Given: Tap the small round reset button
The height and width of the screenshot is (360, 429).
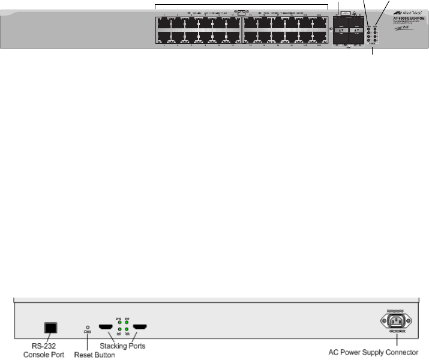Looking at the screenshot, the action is pos(88,328).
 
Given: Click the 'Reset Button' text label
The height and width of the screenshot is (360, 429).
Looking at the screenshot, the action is pos(94,355).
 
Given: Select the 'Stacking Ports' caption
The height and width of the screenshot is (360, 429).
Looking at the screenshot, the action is pos(123,346).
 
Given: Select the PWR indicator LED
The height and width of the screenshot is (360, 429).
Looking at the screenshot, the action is pos(368,28).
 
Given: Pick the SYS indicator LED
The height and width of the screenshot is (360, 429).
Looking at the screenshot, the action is pos(375,28).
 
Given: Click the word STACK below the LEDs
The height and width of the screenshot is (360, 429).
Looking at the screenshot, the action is pos(372,43).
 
